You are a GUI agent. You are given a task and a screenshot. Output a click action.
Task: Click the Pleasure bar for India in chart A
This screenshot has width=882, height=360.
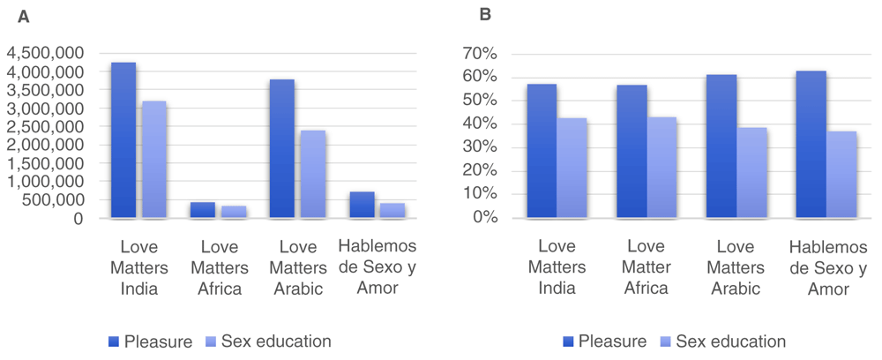coord(123,140)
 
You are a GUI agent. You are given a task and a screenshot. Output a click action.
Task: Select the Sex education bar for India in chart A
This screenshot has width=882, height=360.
coord(153,160)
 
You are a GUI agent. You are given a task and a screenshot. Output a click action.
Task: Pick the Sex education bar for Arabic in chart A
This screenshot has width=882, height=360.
coord(313,174)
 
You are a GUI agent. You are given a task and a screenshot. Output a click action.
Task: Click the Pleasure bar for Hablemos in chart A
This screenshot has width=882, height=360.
coord(362,205)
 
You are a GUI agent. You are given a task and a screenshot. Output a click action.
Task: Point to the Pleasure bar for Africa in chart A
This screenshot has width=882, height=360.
coord(203,210)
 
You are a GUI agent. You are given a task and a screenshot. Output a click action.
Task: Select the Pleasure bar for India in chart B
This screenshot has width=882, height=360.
coord(542,151)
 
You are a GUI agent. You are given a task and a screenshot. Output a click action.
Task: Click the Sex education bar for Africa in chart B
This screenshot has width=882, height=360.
coord(663,167)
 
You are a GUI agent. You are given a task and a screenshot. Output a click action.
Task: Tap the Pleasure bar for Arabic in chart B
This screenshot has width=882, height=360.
coord(721,146)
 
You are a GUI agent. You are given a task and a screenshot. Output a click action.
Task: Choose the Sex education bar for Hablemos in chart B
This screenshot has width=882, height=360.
coord(842,174)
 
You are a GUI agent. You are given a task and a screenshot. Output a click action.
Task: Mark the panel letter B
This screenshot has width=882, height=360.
coord(484,15)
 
